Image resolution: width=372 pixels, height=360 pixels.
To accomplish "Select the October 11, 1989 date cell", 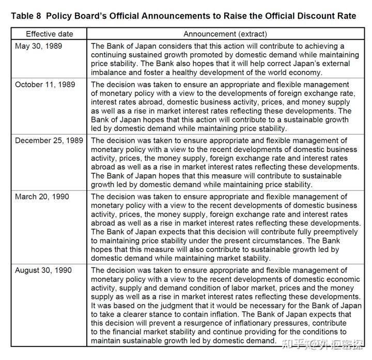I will point(45,84).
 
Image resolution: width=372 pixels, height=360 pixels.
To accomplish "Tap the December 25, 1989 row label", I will point(49,140).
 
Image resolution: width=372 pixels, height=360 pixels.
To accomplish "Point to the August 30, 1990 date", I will point(43,270).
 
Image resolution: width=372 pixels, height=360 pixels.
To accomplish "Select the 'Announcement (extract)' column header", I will point(225,34).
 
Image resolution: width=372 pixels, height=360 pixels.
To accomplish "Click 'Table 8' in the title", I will point(25,16).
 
